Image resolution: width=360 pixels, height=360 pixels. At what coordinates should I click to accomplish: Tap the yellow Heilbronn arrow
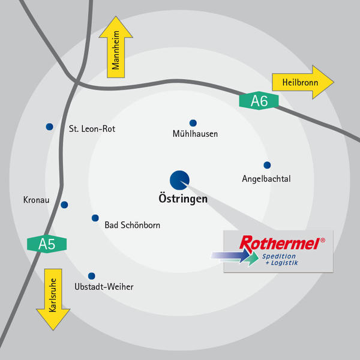point(303,82)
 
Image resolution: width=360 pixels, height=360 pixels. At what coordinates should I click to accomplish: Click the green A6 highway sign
point(259,101)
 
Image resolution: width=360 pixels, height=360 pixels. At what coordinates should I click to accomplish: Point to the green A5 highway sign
point(47,244)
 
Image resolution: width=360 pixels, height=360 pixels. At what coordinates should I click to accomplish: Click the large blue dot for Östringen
point(179,180)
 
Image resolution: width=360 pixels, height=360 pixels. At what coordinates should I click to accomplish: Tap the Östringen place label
point(183,199)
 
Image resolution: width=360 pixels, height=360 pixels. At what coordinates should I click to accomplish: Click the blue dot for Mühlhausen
point(193,123)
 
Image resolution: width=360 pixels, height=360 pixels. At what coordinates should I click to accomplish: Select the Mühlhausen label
point(195,134)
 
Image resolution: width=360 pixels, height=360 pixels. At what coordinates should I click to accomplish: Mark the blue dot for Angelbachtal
point(267,165)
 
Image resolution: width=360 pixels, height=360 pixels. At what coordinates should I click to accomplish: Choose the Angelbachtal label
point(266,179)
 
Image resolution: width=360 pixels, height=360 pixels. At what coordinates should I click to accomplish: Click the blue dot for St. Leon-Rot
point(50,127)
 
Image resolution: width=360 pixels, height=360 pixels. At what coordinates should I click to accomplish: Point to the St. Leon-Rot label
point(92,129)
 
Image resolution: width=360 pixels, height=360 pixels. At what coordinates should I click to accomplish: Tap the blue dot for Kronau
point(64,205)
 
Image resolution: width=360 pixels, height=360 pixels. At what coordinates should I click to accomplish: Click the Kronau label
point(36,200)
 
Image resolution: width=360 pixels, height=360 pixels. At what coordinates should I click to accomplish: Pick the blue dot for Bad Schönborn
point(95,218)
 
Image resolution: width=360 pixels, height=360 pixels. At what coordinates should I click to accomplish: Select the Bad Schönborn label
point(133,225)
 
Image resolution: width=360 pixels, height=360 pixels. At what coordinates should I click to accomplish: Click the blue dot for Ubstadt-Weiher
point(92,276)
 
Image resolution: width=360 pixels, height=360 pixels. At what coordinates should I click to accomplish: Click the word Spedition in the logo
point(279,257)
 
